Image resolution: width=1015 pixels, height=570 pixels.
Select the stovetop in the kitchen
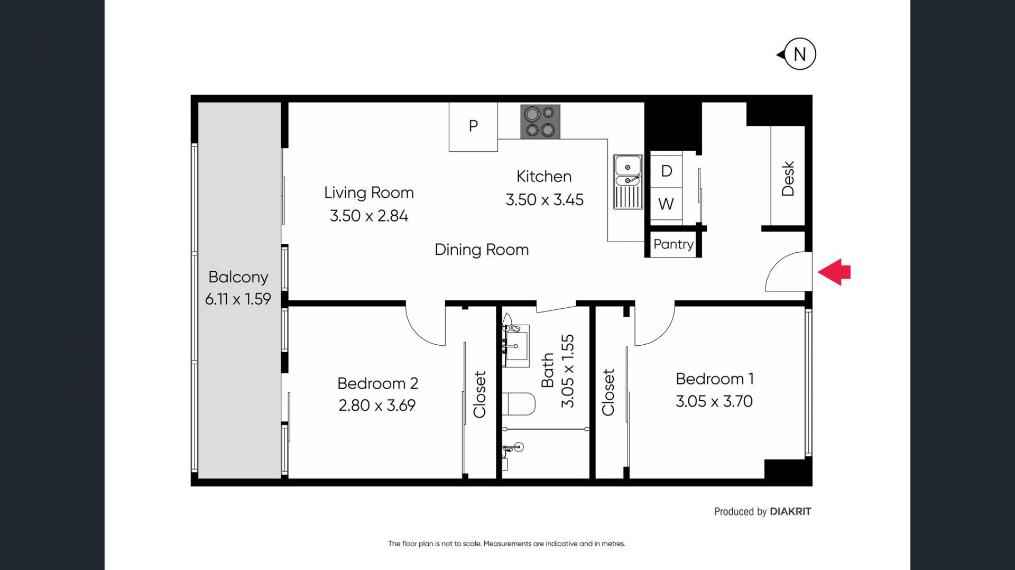[540, 122]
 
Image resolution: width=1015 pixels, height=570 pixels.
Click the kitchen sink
[628, 181]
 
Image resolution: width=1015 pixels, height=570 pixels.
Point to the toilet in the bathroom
[519, 404]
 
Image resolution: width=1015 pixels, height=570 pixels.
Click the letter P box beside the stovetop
[473, 127]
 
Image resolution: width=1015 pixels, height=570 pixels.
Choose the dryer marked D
[666, 170]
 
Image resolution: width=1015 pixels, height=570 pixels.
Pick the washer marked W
[666, 204]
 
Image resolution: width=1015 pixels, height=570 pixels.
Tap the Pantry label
[673, 244]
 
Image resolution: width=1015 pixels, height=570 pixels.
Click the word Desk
[788, 179]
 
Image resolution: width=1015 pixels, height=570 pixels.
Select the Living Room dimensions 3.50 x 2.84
[369, 216]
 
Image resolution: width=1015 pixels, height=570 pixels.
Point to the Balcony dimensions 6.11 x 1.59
[238, 299]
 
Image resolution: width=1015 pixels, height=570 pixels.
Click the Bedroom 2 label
[377, 383]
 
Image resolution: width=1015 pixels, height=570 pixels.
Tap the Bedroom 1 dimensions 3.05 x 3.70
[714, 401]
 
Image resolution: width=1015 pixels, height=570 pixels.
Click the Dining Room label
[482, 250]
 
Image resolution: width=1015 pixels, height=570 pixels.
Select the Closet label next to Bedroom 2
[479, 394]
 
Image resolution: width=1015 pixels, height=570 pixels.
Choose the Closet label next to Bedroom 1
[608, 392]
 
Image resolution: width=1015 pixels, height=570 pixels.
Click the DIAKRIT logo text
[790, 511]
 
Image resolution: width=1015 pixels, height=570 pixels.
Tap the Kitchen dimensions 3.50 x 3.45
[545, 200]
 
